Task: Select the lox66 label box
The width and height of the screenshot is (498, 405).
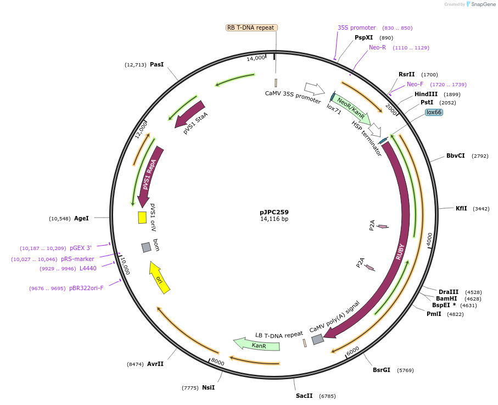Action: (434, 112)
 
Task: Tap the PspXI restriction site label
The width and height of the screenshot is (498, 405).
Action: (363, 37)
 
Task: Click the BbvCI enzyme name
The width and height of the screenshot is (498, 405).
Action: (455, 156)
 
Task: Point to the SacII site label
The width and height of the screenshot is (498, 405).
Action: (304, 396)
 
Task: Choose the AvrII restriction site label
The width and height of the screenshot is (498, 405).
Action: (155, 364)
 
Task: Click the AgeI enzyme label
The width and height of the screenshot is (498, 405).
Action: (81, 218)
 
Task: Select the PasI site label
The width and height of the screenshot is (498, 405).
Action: (156, 64)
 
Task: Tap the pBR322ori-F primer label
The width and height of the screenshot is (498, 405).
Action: (86, 288)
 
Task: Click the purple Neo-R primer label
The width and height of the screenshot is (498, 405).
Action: (377, 47)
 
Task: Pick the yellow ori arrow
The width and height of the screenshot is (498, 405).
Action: (160, 278)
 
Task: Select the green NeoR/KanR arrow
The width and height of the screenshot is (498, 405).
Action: (351, 109)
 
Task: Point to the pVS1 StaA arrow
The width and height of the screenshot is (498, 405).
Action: (190, 114)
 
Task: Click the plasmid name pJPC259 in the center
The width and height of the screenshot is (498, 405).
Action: (274, 212)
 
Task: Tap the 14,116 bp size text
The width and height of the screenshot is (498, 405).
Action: (274, 219)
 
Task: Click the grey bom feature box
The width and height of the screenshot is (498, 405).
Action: (146, 247)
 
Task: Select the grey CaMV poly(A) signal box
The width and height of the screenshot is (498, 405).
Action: (317, 340)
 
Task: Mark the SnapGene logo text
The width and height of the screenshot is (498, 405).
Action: (482, 4)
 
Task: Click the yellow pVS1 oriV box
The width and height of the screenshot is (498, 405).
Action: (142, 218)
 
